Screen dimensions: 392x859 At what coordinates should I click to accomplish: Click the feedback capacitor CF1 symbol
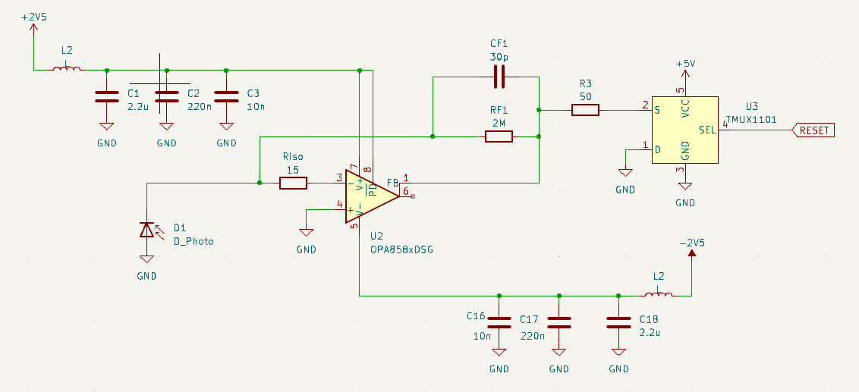(x=499, y=77)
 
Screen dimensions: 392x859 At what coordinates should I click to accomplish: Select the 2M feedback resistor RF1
(x=499, y=136)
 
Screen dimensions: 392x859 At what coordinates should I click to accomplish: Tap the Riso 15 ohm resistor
(x=293, y=183)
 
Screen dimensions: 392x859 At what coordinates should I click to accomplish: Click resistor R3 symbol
(x=584, y=111)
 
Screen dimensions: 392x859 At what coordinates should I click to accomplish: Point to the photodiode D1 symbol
(x=146, y=229)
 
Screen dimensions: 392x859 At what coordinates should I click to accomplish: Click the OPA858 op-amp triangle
(x=370, y=195)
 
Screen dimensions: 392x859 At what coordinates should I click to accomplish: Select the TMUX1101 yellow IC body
(x=685, y=130)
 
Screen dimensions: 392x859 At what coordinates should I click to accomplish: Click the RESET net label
(x=813, y=130)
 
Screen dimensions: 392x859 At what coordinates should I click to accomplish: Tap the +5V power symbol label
(x=685, y=64)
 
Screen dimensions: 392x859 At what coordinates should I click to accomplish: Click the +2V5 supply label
(x=33, y=17)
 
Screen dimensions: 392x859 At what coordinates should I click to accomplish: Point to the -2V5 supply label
(x=692, y=243)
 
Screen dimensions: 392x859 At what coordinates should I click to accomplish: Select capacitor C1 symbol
(x=107, y=96)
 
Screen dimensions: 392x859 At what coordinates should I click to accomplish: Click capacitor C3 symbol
(x=227, y=96)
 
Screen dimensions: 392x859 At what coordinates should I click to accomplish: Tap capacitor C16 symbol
(x=499, y=322)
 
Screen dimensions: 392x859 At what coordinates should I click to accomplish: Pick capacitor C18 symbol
(x=618, y=322)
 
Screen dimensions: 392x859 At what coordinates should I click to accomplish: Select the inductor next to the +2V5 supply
(x=67, y=70)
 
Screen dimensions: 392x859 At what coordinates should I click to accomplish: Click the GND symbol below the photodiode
(x=146, y=262)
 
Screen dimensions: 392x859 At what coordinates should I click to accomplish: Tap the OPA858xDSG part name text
(x=401, y=249)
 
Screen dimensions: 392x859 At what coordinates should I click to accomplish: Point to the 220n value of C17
(x=532, y=335)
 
